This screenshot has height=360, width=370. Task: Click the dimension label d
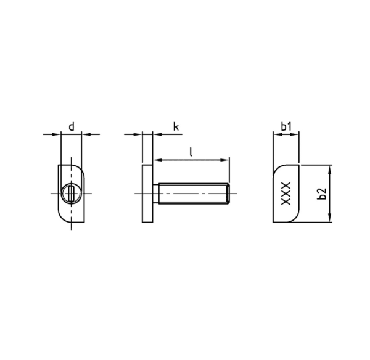point(71,126)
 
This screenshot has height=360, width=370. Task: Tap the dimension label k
point(176,126)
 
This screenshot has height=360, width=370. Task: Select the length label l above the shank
point(192,151)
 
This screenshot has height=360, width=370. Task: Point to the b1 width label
point(286,126)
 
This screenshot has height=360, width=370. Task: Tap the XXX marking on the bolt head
point(286,194)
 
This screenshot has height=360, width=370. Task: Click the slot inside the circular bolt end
point(73,194)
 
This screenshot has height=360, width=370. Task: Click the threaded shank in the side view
point(191,194)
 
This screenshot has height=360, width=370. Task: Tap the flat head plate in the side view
point(148,194)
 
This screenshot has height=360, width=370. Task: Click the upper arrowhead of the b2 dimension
point(331,168)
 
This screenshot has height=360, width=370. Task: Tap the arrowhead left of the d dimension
point(57,134)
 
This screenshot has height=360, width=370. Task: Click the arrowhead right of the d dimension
point(86,134)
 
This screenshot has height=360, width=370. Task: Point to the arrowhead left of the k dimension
point(138,134)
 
